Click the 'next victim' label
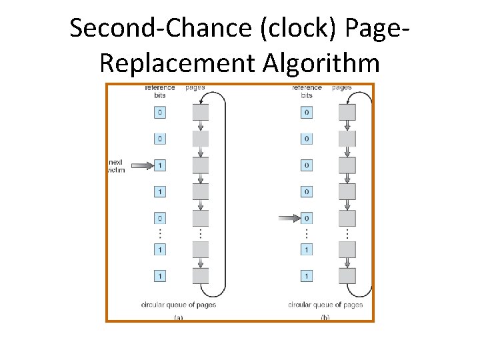tap(116, 166)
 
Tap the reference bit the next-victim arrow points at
tap(159, 165)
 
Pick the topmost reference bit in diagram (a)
tap(159, 113)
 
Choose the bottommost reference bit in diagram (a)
tap(159, 275)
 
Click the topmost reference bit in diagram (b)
tap(306, 113)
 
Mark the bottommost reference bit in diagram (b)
tap(306, 275)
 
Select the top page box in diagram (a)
tap(201, 112)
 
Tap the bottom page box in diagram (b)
tap(347, 275)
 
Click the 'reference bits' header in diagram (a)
tap(160, 91)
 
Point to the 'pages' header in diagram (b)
tap(342, 87)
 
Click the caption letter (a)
tap(179, 318)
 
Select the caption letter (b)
tap(325, 318)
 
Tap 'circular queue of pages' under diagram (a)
tap(179, 305)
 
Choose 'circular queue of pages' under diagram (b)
tap(325, 305)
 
